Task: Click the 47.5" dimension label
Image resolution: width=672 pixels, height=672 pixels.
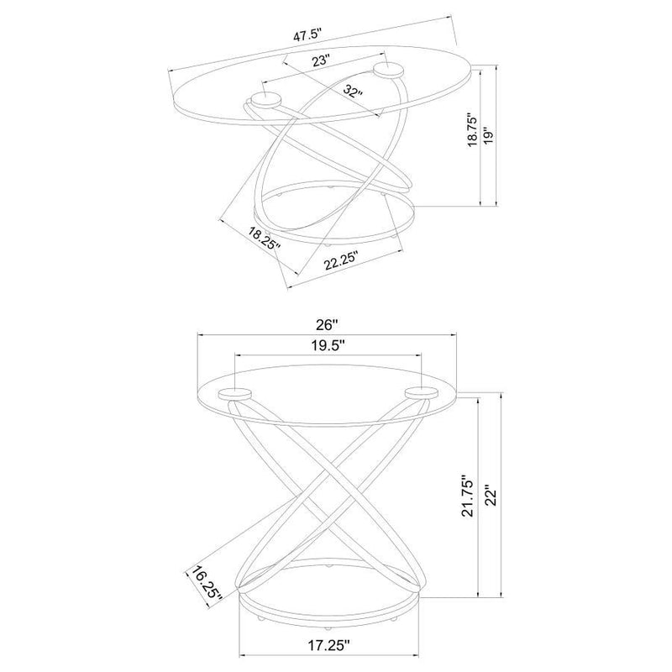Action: click(x=307, y=35)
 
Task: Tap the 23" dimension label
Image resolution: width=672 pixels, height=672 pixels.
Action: click(x=321, y=60)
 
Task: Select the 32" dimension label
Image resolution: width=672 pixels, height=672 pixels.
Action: click(x=353, y=91)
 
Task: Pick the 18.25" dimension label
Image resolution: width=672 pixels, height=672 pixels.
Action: click(x=265, y=239)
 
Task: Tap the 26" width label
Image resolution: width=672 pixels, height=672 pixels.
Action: click(x=327, y=325)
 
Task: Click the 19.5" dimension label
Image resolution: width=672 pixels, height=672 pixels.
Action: click(x=328, y=345)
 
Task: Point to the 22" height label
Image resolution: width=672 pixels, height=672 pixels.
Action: click(x=491, y=495)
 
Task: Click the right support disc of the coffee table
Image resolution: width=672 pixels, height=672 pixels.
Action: click(x=388, y=71)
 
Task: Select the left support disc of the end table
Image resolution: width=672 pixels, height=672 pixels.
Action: click(x=235, y=393)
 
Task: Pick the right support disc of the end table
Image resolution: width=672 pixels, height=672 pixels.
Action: click(x=422, y=392)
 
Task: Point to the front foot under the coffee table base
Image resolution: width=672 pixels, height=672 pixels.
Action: click(x=328, y=244)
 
